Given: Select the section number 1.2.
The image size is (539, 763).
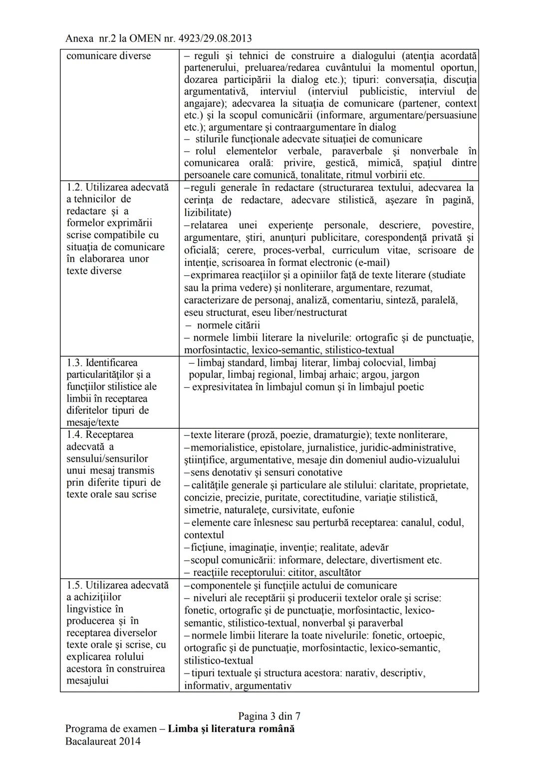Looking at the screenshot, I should (74, 187).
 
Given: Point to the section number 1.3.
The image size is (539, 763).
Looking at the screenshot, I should (74, 363).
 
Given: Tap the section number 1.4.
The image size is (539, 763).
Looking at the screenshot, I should (74, 435).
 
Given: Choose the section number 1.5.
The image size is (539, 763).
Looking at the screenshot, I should (74, 585).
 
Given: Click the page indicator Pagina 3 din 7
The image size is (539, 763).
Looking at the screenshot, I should (269, 716).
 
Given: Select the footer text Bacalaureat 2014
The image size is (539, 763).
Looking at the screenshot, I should (103, 741).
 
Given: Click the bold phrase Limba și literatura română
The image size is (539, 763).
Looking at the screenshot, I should (231, 729).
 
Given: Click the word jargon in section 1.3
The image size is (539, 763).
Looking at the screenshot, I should (405, 375).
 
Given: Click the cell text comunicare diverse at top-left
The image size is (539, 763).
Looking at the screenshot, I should (108, 55).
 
